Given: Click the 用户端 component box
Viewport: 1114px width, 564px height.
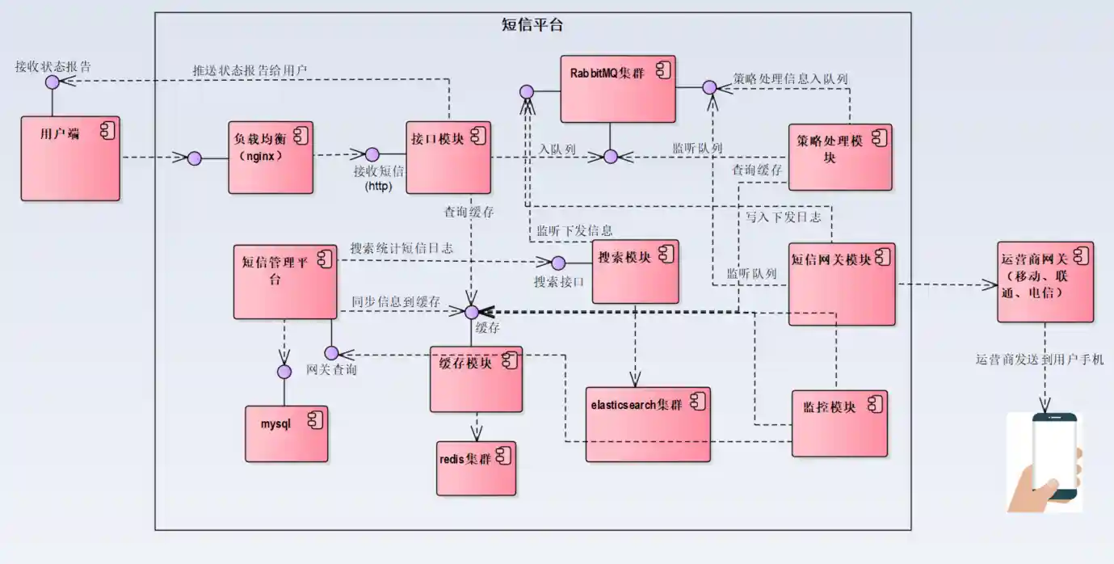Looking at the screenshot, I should pyautogui.click(x=70, y=158).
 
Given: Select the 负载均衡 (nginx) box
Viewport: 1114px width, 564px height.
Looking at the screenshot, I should pyautogui.click(x=271, y=158).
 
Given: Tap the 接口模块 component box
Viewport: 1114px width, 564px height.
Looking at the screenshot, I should pyautogui.click(x=448, y=158).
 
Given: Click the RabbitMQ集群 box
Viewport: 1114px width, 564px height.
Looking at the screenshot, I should pyautogui.click(x=618, y=89).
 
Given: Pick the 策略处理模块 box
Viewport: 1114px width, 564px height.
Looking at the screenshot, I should pyautogui.click(x=840, y=157).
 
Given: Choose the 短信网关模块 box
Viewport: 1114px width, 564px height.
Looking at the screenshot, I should pyautogui.click(x=842, y=284).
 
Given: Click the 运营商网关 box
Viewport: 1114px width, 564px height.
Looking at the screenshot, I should pyautogui.click(x=1045, y=282).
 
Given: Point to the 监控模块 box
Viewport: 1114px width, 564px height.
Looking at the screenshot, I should pyautogui.click(x=839, y=423).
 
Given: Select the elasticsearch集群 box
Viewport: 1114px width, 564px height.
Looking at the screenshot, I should pyautogui.click(x=648, y=423).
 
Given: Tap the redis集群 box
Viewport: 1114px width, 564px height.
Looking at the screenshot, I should pyautogui.click(x=477, y=468).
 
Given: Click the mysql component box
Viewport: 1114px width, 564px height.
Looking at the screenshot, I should pyautogui.click(x=287, y=433).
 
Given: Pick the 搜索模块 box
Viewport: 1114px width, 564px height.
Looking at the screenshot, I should pyautogui.click(x=635, y=271).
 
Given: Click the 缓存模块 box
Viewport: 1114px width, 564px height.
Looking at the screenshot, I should pyautogui.click(x=476, y=379).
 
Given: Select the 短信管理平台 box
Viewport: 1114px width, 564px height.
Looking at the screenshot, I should pyautogui.click(x=285, y=281).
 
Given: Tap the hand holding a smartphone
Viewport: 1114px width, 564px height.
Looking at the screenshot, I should pyautogui.click(x=1045, y=461).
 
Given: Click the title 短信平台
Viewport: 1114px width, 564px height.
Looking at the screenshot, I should pyautogui.click(x=532, y=25).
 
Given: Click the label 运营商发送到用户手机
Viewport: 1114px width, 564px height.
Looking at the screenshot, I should pyautogui.click(x=1040, y=360).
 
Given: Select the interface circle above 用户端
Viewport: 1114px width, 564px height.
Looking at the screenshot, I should pyautogui.click(x=52, y=82).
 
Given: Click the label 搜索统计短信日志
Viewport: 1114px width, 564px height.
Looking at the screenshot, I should pyautogui.click(x=401, y=248).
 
